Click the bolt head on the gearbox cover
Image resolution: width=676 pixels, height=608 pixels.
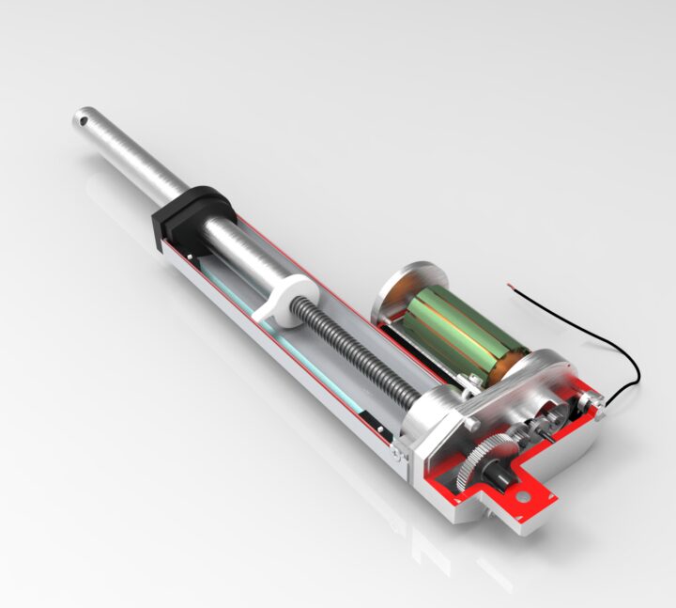click(x=469, y=424)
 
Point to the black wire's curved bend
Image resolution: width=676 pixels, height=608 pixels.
click(x=633, y=371)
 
